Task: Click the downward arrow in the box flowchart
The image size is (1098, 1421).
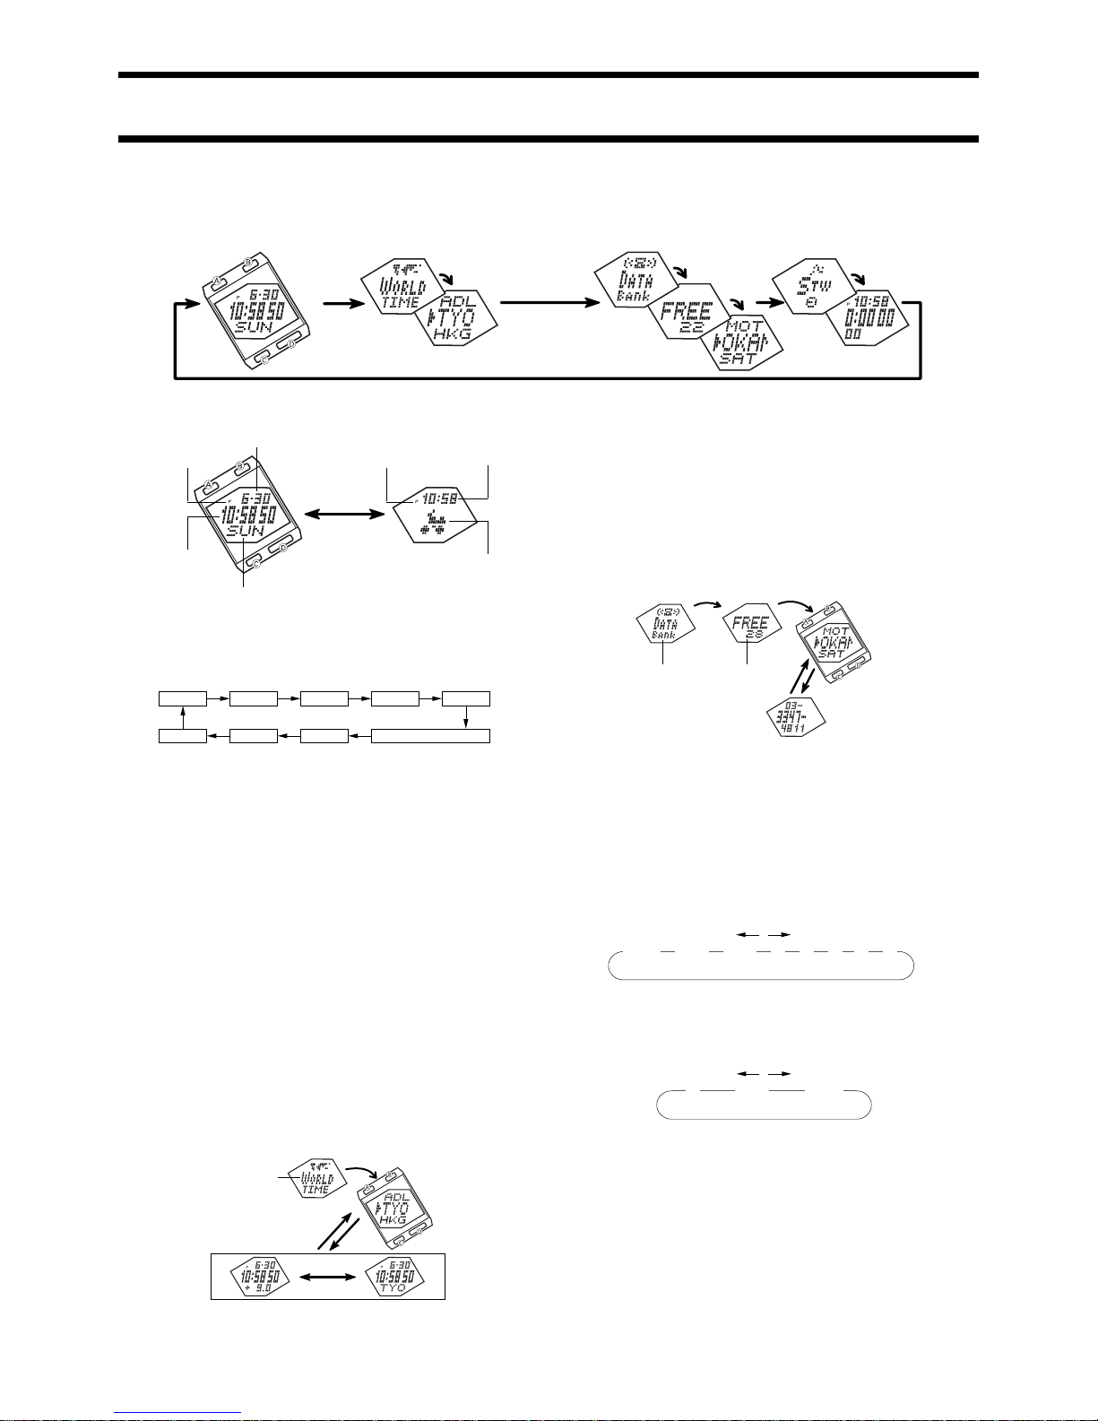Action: point(466,717)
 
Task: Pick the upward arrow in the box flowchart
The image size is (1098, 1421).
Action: point(182,717)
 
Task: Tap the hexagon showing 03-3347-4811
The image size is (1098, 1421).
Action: point(794,720)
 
